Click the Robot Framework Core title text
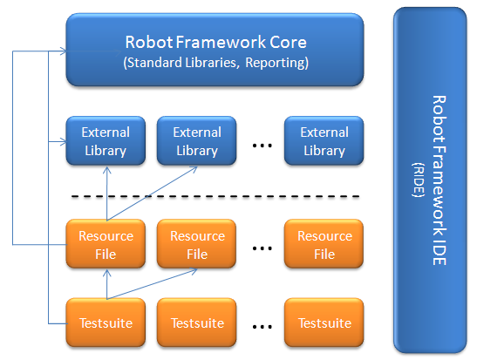215,42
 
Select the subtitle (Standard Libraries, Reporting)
215,63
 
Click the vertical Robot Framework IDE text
440,180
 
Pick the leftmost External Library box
106,141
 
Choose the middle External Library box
197,141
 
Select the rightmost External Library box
324,141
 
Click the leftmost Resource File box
106,245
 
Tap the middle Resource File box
197,245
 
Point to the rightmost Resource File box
324,245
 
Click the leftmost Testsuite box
106,323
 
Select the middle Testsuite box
197,323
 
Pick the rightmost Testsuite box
324,323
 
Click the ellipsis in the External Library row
262,146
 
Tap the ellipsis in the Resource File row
262,249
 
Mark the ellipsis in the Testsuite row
262,328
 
